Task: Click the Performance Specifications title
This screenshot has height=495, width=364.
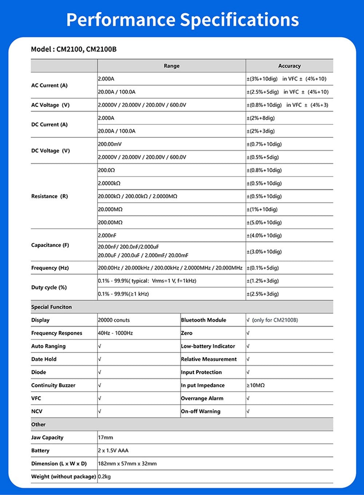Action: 182,20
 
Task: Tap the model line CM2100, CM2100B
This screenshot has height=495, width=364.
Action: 74,49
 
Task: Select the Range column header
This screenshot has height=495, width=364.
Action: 171,66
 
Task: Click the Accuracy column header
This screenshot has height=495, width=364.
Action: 289,66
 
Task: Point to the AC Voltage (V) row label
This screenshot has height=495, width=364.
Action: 50,105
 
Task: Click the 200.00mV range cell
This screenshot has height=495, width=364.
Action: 110,144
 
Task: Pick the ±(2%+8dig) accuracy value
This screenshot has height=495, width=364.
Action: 261,118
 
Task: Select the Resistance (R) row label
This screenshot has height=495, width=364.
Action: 50,196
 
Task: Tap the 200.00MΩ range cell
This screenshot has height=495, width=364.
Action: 110,222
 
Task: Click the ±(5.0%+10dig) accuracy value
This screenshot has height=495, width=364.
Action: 264,222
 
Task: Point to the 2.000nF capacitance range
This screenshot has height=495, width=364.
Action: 107,235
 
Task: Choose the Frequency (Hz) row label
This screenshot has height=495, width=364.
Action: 50,268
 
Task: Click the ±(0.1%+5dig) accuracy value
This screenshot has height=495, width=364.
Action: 263,268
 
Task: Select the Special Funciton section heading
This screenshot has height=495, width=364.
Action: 51,307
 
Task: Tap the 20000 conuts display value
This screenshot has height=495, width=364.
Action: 114,320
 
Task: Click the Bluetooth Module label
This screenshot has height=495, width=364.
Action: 203,320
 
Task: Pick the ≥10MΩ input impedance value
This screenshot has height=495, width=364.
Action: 256,385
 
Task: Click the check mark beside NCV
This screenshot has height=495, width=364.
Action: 100,411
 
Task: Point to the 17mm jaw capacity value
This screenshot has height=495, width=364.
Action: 106,438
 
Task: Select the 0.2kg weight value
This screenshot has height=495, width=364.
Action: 104,476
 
